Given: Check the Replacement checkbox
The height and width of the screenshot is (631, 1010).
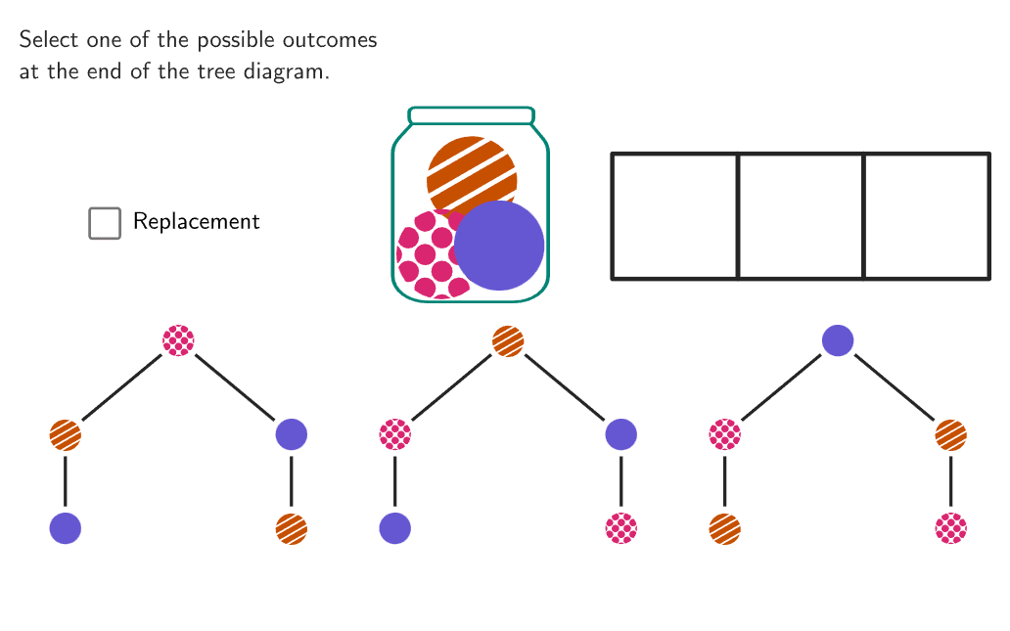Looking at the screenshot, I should pos(105,223).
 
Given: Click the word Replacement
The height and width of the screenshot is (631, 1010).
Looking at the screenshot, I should pos(196,222).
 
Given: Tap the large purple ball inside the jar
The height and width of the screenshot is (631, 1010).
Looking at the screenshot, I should pos(500,246).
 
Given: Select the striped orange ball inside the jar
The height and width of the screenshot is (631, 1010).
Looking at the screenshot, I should pos(471,168).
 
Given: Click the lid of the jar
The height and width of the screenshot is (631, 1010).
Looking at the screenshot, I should pos(471,115).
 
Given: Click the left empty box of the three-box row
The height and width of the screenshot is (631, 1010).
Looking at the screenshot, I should pos(674,216).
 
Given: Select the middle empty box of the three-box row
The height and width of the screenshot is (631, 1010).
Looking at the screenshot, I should pos(801,216).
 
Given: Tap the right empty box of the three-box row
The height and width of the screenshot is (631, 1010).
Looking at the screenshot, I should pos(927,216).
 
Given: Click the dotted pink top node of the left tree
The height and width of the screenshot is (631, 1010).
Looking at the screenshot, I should pos(178,340).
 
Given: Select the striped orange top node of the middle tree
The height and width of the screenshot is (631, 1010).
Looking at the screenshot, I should pos(508,340).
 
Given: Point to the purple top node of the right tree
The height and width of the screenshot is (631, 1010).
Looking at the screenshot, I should pos(838,340).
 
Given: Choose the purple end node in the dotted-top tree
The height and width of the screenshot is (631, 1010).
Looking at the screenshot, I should pos(66,528).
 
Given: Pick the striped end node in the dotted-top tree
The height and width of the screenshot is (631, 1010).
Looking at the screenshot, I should pos(292,528).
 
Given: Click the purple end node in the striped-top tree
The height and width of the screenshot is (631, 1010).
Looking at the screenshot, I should pos(395,528).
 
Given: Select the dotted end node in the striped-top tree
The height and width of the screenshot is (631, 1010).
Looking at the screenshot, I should pos(621,528).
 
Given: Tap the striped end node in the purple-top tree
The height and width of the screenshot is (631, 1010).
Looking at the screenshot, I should pos(725,528).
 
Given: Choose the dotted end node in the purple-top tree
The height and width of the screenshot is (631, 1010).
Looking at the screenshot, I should pos(951,528).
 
